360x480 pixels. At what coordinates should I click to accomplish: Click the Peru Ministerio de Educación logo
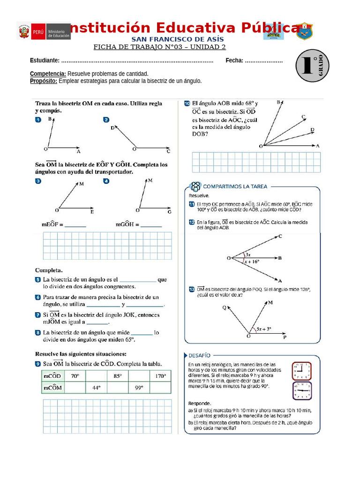(x=44, y=31)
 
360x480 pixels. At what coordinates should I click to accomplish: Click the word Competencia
(x=48, y=74)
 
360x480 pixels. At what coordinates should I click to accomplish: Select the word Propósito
(x=44, y=81)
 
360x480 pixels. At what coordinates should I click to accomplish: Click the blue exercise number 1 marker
(x=38, y=120)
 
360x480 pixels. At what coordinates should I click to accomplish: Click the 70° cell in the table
(x=75, y=376)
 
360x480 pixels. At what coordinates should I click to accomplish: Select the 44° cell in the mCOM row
(x=96, y=388)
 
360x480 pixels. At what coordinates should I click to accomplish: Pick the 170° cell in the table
(x=159, y=376)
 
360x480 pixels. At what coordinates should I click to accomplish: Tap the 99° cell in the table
(x=139, y=388)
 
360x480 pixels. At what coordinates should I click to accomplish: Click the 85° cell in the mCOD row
(x=117, y=376)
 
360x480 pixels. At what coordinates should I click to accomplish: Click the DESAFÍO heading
(x=200, y=355)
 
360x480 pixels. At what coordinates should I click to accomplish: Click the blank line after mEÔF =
(x=75, y=225)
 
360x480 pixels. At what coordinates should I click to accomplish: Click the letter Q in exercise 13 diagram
(x=225, y=307)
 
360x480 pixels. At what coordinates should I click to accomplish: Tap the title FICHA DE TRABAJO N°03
(x=159, y=47)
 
